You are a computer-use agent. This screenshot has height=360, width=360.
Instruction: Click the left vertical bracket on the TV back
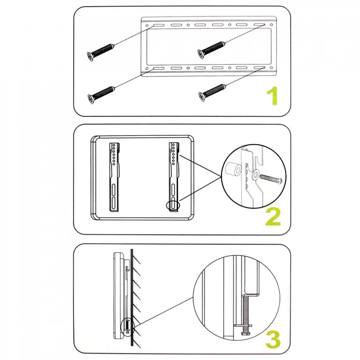114,177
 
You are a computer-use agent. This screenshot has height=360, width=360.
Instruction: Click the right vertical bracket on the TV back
174,177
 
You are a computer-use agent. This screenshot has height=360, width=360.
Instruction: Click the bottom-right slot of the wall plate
260,68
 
